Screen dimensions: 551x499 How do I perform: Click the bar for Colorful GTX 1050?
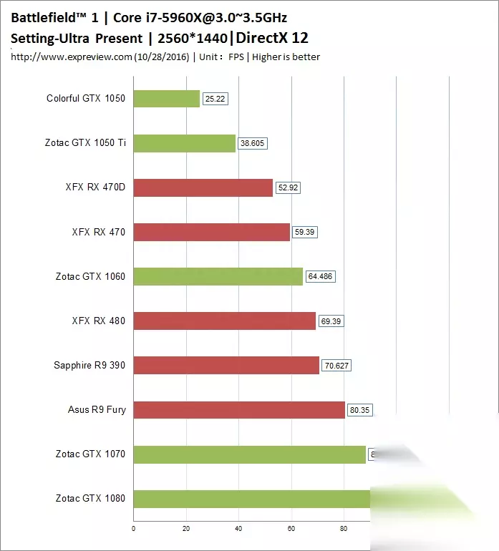(166, 99)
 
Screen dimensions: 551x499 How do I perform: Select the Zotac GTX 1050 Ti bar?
(184, 143)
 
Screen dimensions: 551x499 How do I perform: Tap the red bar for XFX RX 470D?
(203, 187)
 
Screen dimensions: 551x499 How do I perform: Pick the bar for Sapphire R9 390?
(226, 365)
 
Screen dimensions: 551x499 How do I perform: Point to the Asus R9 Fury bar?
(239, 409)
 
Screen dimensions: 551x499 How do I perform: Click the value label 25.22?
(215, 99)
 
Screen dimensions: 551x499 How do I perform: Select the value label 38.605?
(253, 144)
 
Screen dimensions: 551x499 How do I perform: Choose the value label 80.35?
(360, 411)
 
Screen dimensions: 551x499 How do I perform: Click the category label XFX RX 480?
(99, 321)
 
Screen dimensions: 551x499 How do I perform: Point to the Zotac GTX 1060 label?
(90, 276)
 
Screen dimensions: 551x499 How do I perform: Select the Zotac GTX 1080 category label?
(90, 498)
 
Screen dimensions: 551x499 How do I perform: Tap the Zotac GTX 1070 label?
(90, 454)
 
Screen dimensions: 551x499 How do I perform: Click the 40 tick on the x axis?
(238, 530)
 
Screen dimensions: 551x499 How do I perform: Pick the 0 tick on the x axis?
(134, 530)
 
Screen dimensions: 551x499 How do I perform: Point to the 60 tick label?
(291, 530)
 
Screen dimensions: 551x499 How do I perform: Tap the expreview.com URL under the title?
(72, 57)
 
